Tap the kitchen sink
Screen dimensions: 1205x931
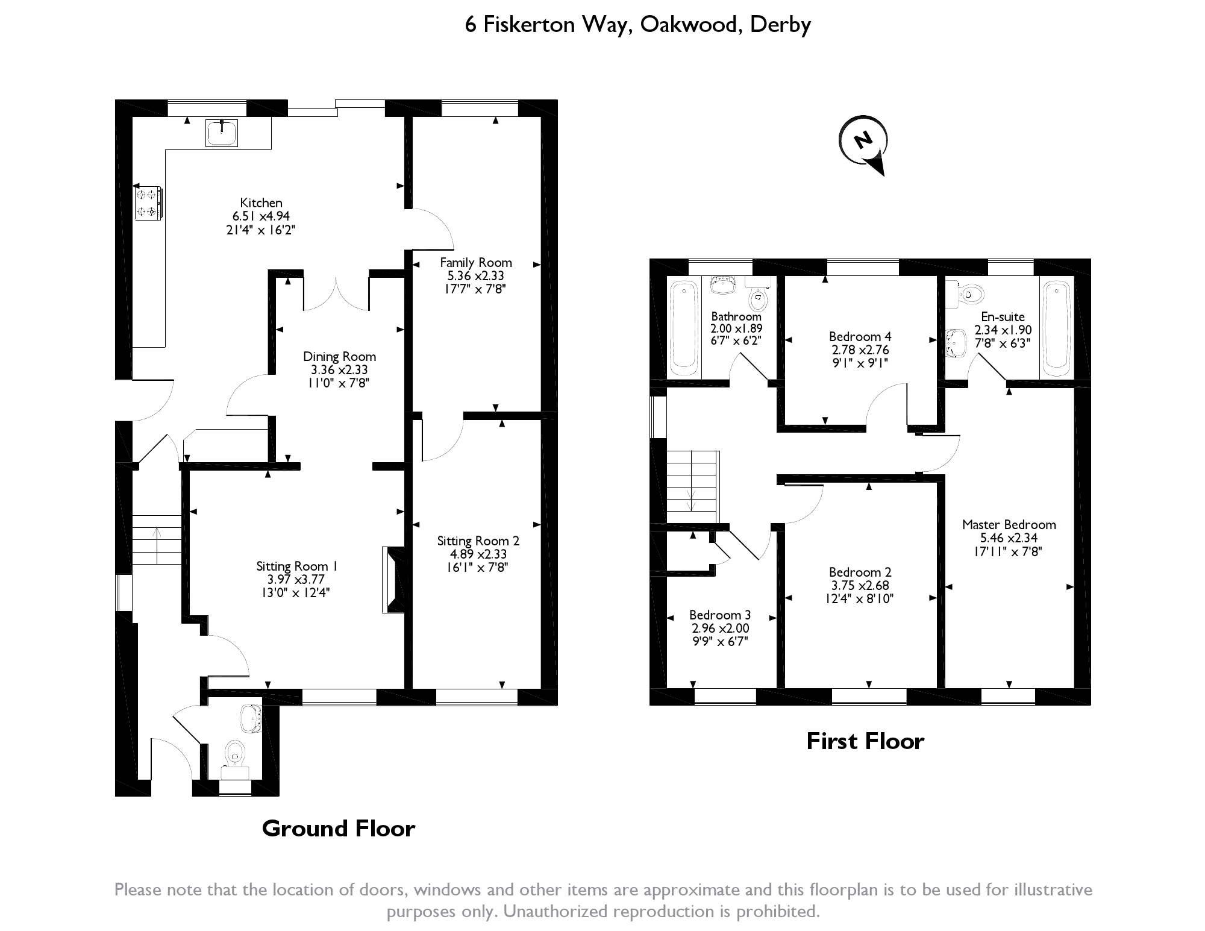(x=222, y=133)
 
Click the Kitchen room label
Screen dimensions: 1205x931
(x=261, y=203)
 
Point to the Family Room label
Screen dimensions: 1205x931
(x=475, y=263)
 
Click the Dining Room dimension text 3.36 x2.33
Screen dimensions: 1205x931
(x=339, y=370)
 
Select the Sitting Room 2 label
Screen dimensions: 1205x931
(x=478, y=541)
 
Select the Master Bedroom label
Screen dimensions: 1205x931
(x=1009, y=525)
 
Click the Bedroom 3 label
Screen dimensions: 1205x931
(x=720, y=615)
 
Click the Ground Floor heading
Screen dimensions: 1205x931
(x=339, y=829)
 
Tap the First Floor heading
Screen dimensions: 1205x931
(x=865, y=741)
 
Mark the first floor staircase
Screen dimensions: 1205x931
(x=693, y=487)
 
